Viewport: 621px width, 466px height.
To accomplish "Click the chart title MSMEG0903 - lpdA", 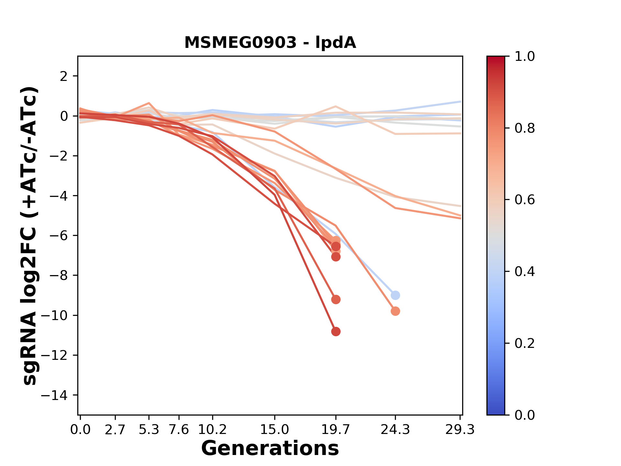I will [270, 43].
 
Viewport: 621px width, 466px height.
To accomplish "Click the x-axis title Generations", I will [270, 449].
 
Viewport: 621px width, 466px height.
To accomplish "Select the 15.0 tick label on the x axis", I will [275, 430].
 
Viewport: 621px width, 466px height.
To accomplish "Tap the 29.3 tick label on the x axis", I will [460, 430].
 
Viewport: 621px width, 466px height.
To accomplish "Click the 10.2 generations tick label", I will [212, 430].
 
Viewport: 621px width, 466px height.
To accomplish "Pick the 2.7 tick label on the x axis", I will [115, 430].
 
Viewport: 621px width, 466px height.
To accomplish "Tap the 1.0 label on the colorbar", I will [525, 57].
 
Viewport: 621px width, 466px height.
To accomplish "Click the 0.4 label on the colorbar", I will [525, 272].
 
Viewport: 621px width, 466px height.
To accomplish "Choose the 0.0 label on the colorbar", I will [525, 415].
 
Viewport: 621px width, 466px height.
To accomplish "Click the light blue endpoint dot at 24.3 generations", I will [395, 295].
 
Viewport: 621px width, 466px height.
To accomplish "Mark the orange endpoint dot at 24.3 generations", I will [395, 311].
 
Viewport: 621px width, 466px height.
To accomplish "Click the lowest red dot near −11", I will [336, 331].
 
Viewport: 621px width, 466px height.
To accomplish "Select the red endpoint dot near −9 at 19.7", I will [336, 300].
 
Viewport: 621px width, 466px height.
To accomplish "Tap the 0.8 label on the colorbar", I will [525, 128].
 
